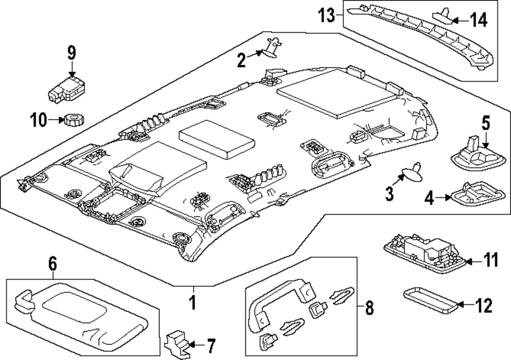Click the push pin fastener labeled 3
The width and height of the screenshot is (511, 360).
point(412,174)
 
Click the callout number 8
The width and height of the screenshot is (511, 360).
point(369,308)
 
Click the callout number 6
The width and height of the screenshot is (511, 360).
point(52,264)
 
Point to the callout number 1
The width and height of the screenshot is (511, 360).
point(193,302)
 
